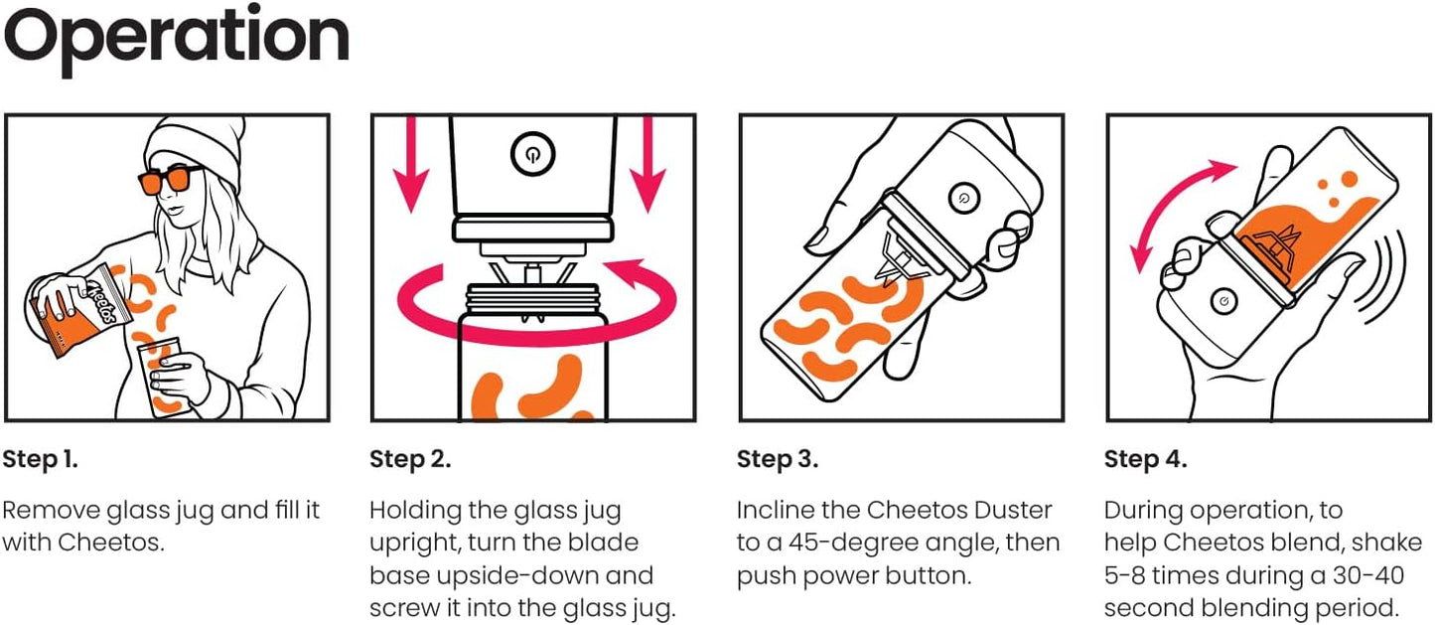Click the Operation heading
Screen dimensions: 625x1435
pos(177,38)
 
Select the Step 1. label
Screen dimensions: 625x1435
pos(40,459)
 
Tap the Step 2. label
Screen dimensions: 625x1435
pos(410,459)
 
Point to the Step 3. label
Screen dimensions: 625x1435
pos(778,459)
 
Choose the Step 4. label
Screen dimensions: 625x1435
pos(1145,459)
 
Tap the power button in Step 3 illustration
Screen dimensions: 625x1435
pos(959,197)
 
